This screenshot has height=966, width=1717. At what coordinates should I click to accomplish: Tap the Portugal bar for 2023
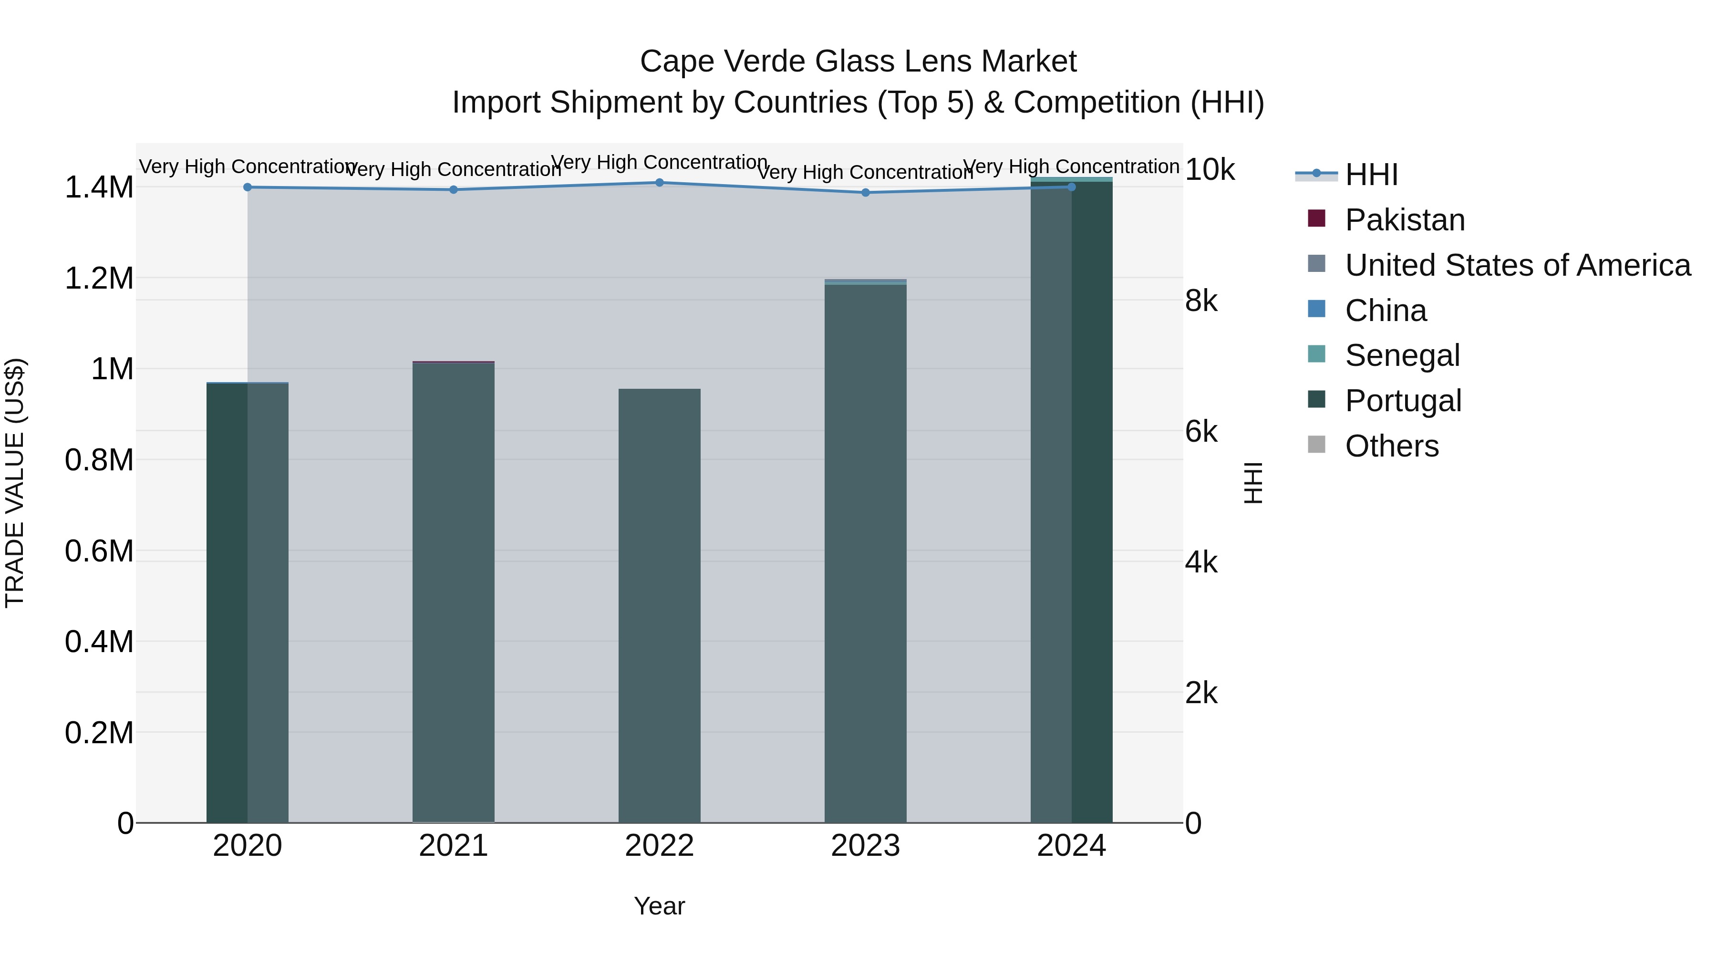(x=865, y=553)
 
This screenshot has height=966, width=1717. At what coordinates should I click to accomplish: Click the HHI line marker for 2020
(x=247, y=187)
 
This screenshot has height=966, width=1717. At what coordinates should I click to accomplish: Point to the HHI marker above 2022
(x=659, y=183)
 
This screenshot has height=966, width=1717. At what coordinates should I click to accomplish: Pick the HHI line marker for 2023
(x=865, y=193)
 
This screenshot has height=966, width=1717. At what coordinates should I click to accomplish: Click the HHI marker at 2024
(x=1071, y=187)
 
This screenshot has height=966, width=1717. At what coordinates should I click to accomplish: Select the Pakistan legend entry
(x=1405, y=220)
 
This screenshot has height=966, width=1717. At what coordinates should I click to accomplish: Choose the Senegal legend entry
(x=1402, y=355)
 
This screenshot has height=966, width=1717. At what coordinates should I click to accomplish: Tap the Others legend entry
(x=1391, y=446)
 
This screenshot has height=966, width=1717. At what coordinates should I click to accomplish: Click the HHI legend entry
(x=1371, y=175)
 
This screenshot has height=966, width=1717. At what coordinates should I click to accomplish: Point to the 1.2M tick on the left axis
(x=99, y=278)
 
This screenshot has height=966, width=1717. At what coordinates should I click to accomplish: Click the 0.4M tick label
(x=99, y=642)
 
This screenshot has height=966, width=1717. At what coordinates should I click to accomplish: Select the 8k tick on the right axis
(x=1201, y=301)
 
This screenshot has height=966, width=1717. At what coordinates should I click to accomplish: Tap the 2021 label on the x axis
(x=453, y=846)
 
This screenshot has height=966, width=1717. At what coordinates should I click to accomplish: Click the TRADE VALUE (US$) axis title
(x=15, y=483)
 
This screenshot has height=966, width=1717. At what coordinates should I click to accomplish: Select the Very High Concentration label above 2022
(x=659, y=162)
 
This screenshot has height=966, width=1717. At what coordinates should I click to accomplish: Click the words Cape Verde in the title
(x=723, y=62)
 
